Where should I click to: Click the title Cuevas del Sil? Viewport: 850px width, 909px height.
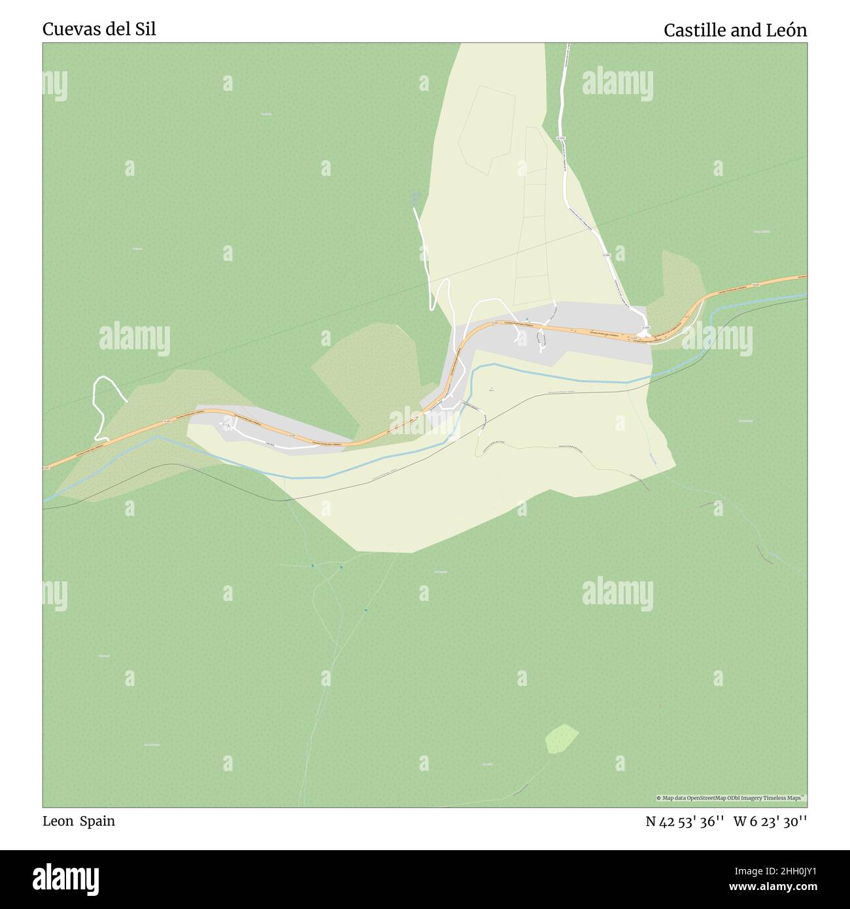[x=99, y=29]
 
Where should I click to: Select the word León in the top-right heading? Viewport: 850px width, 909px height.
[x=785, y=30]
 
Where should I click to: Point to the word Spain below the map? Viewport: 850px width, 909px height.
[x=97, y=821]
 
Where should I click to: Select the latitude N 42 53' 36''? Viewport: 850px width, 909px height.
[x=685, y=821]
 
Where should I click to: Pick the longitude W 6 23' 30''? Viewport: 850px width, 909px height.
[x=770, y=821]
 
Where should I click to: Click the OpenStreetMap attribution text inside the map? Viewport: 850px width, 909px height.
[x=731, y=798]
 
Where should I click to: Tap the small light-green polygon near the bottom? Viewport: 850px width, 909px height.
[x=562, y=738]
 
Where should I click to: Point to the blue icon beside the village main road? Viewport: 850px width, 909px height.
[x=527, y=319]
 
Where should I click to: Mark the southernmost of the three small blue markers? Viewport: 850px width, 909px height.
[x=365, y=610]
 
